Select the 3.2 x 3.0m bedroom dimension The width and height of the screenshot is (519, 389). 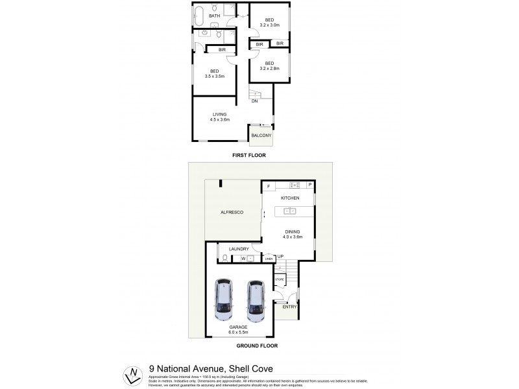point(269,25)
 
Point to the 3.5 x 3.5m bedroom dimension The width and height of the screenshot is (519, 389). point(214,76)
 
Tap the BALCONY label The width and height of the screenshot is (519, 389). point(261,135)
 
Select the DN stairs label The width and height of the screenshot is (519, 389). point(255,101)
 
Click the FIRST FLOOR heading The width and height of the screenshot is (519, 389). point(249,156)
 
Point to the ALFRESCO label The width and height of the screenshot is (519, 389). point(231,212)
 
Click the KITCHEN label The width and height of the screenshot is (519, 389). point(289,197)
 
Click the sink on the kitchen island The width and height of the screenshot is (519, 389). point(289,211)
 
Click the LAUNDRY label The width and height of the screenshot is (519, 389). point(239,248)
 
